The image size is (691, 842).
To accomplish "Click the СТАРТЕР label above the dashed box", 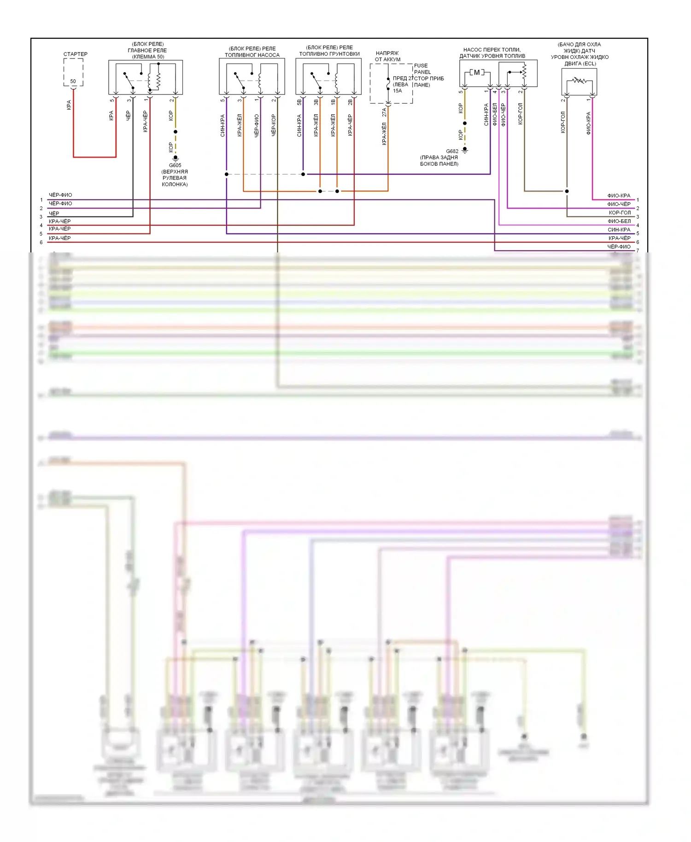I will click(75, 54).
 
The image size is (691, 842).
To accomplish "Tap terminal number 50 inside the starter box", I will click(73, 82).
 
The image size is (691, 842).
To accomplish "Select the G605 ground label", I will click(175, 165).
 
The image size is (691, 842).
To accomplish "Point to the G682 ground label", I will click(452, 151).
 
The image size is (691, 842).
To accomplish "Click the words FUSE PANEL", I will click(422, 69).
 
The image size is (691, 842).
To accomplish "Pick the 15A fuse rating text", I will click(397, 91).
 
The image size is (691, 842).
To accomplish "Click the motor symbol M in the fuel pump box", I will click(477, 72).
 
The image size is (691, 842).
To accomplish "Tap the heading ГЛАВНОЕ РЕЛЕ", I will click(147, 51).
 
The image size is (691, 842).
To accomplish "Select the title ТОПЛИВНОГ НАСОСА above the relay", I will click(252, 55).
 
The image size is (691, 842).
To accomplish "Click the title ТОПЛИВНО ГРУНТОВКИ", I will click(329, 54).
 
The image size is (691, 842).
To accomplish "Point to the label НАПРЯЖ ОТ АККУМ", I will click(387, 56).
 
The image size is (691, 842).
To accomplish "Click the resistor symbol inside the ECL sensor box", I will click(579, 81).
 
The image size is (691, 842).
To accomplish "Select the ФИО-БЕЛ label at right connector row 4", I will click(619, 221).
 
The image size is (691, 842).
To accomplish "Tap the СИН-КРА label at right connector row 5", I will click(619, 229).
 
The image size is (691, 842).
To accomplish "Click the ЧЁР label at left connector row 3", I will click(54, 213).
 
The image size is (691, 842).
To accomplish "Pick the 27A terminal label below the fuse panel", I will click(384, 111).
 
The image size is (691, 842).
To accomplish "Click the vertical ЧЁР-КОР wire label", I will click(274, 125).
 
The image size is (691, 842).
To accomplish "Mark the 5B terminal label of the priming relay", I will click(299, 102).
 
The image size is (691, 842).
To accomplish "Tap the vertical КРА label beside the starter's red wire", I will click(69, 105).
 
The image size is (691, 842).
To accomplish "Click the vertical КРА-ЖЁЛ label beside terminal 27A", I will click(384, 134).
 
